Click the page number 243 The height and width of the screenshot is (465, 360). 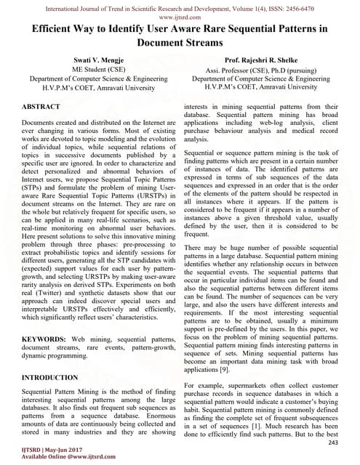(x=334, y=442)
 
